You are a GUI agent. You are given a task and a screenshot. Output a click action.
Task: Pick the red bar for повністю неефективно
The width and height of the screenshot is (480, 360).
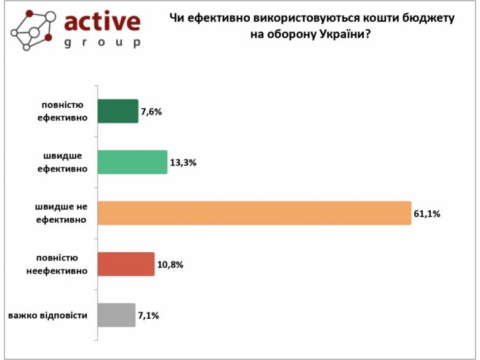pos(126,264)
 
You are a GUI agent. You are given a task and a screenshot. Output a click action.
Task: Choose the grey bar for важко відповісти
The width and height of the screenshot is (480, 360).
pos(117,315)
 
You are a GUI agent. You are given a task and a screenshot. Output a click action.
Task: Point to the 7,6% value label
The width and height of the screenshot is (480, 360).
pos(151,112)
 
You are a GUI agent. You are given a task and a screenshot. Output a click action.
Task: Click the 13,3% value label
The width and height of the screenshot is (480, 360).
pos(183,163)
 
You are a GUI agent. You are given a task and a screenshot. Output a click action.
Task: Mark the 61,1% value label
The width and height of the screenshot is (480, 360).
pos(427,214)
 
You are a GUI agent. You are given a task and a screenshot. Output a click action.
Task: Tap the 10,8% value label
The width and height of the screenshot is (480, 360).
pos(170,265)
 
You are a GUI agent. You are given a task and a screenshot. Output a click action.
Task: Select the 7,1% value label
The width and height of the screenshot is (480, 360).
pos(148,316)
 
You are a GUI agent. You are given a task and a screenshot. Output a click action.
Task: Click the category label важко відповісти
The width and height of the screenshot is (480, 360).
pos(47,316)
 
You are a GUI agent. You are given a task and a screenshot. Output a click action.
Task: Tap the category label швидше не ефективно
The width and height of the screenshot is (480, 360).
pos(60,213)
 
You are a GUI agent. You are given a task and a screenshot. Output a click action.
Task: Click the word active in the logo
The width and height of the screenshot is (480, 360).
pos(102,23)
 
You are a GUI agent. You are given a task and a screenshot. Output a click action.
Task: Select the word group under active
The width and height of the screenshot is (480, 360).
pos(102,43)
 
